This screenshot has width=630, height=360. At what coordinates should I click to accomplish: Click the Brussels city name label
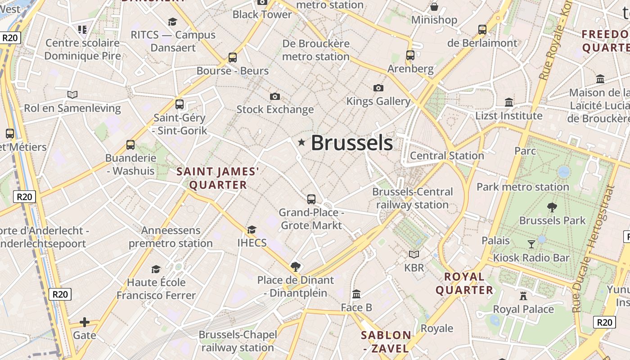(x=351, y=143)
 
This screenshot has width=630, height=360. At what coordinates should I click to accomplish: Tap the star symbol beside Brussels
(x=301, y=143)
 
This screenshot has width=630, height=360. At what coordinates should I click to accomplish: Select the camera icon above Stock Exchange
(x=275, y=96)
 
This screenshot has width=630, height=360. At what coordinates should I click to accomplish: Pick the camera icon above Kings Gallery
(x=378, y=88)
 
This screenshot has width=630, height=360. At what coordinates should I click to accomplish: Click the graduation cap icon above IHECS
(x=252, y=230)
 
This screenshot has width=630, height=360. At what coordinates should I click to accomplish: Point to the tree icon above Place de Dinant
(x=295, y=267)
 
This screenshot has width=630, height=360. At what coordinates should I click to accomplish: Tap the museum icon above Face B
(x=356, y=294)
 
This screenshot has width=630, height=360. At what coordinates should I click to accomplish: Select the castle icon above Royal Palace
(x=523, y=296)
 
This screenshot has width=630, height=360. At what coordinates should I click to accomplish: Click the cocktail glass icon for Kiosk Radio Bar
(x=531, y=244)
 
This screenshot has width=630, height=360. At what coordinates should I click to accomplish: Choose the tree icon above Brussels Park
(x=552, y=207)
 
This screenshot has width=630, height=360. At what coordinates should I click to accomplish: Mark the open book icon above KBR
(x=414, y=255)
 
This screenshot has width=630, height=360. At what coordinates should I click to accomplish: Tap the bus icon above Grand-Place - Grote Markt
(x=311, y=199)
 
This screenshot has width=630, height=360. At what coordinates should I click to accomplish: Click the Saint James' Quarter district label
(x=218, y=178)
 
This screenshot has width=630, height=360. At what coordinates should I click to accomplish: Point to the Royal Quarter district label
(x=464, y=283)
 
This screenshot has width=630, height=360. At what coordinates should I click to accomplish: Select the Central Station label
(x=447, y=156)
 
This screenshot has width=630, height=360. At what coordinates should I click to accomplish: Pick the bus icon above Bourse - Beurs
(x=232, y=58)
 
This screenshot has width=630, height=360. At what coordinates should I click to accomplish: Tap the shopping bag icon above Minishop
(x=434, y=7)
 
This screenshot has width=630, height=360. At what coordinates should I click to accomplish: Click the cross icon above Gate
(x=84, y=322)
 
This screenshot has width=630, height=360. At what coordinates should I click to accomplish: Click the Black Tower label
(x=262, y=14)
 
